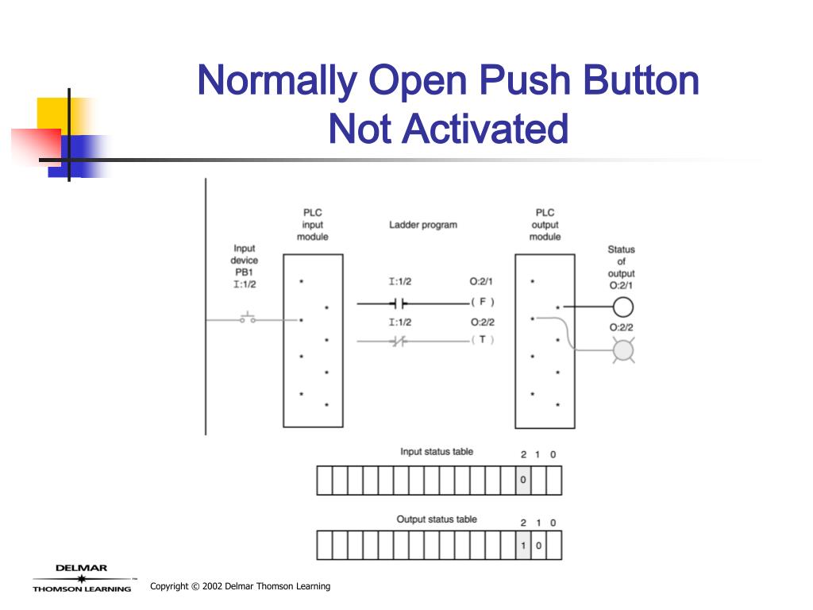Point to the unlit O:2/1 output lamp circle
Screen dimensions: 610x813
(622, 306)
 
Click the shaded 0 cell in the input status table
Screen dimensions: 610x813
(522, 480)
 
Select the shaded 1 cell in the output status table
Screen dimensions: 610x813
(522, 546)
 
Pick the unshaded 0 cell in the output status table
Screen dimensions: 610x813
(538, 546)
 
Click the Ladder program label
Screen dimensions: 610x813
(422, 225)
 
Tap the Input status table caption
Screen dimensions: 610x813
(437, 452)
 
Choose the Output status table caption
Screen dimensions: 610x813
(437, 519)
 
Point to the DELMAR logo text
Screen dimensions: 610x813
(81, 568)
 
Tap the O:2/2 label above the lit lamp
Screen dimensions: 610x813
(622, 327)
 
